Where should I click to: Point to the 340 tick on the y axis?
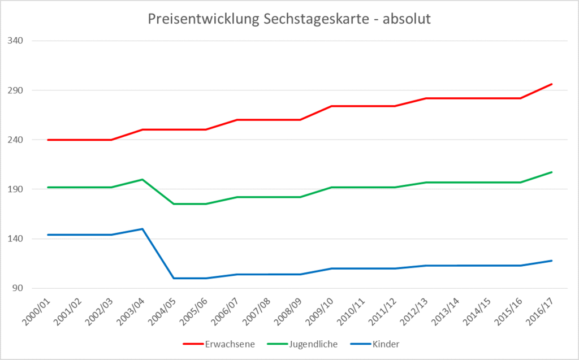[x=23, y=41]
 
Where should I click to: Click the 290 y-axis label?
[x=23, y=90]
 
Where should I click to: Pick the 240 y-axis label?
[x=23, y=140]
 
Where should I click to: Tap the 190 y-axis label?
[x=23, y=189]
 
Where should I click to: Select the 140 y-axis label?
[x=23, y=238]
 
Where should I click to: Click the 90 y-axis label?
[x=25, y=288]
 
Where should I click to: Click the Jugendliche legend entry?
[x=302, y=343]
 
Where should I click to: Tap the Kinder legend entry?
[x=376, y=343]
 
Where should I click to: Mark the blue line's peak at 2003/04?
[x=142, y=229]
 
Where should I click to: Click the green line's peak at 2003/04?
[x=142, y=179]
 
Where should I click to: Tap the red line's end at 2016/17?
[x=551, y=84]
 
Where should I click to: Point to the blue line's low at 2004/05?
[x=174, y=278]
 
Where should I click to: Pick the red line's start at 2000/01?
[x=48, y=140]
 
